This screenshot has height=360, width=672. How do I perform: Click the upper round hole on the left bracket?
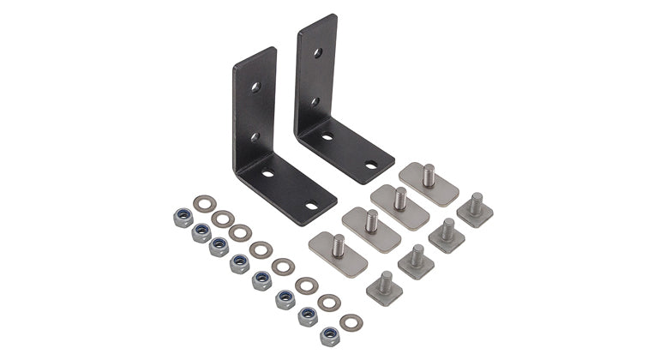click(x=255, y=87)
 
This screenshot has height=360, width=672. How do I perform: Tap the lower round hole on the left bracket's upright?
click(x=254, y=136)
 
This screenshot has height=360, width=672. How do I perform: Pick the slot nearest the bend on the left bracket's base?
click(x=268, y=174)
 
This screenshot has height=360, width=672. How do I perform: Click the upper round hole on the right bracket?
click(x=317, y=53)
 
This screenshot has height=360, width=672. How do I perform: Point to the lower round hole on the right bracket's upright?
click(x=316, y=101)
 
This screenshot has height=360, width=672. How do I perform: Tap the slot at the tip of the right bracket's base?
click(x=370, y=165)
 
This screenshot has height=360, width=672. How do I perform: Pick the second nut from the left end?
click(x=201, y=233)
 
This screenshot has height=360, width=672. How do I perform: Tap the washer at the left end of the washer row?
click(x=203, y=204)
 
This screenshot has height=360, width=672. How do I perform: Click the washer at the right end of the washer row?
click(x=350, y=323)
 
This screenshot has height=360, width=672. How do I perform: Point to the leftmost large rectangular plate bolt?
click(x=338, y=249)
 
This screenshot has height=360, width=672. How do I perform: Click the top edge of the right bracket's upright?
click(x=317, y=20)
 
